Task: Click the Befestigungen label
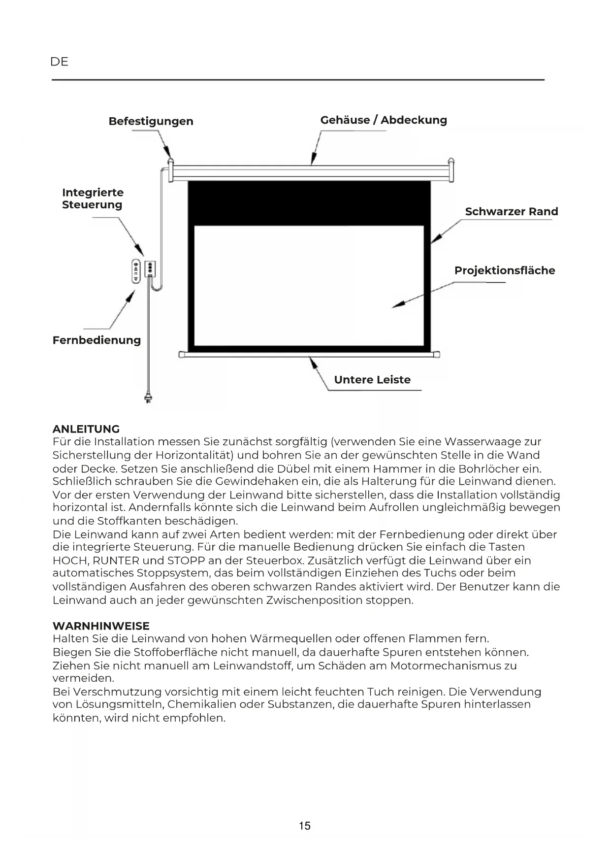coord(151,121)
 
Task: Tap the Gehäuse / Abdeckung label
coord(384,120)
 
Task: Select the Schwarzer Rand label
coord(511,212)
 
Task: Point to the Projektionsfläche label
coord(504,270)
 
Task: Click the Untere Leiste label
coord(372,380)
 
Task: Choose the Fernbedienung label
coord(96,340)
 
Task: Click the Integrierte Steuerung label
coord(93,199)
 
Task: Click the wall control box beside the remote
coord(150,269)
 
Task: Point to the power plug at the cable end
coord(148,397)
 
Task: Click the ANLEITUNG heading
coord(86,429)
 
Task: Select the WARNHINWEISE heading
coord(101,626)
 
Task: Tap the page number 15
coord(305,826)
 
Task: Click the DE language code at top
coord(59,62)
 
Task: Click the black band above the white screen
coord(309,202)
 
